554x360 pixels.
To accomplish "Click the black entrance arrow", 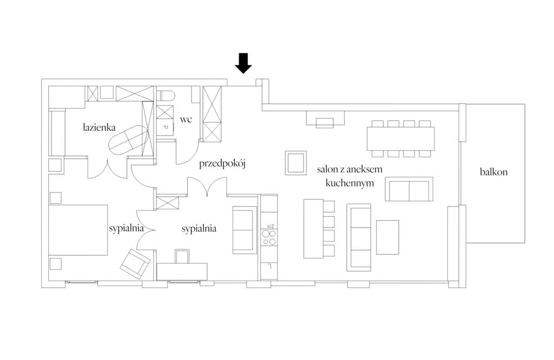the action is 243,63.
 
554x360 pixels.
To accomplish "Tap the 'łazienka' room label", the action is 100,127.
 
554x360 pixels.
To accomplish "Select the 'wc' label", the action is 186,119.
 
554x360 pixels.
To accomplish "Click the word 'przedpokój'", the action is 222,164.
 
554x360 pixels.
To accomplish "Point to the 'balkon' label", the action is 493,172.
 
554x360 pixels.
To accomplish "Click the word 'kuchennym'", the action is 349,183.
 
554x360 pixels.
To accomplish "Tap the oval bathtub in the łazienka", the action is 128,140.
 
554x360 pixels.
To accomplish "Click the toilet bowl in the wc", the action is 166,96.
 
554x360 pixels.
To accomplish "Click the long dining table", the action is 401,138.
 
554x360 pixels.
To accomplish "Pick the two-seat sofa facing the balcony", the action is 409,189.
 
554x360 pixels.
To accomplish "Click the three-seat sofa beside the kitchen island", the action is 359,237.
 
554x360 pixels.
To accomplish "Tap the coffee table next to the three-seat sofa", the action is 387,237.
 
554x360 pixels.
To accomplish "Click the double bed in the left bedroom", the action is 78,230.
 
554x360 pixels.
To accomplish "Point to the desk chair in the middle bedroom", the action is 182,256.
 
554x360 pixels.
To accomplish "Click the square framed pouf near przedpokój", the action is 296,163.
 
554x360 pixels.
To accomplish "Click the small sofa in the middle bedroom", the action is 245,230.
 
